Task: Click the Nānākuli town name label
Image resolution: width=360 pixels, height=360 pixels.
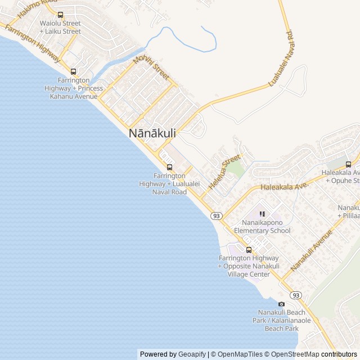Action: [152, 134]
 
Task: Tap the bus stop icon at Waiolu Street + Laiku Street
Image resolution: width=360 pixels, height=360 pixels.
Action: [60, 15]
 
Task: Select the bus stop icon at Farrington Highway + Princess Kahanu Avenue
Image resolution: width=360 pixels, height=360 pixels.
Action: [73, 71]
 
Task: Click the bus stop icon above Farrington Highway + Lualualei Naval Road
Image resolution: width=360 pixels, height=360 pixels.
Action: [169, 167]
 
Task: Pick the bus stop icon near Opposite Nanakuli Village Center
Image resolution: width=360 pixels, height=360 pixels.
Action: [249, 250]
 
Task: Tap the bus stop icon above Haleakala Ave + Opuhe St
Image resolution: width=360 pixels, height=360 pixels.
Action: [348, 164]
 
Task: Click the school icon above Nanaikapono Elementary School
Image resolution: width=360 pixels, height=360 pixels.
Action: [262, 214]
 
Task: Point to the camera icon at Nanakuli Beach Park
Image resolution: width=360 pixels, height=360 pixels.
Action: [282, 304]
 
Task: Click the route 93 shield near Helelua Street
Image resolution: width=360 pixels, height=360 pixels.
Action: [217, 216]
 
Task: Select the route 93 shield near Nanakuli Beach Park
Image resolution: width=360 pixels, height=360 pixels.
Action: [296, 295]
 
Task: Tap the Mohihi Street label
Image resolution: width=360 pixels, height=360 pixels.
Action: [151, 67]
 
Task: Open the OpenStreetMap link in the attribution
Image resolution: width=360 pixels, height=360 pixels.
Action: [292, 354]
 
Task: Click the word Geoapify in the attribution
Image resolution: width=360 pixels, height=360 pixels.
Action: [192, 354]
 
